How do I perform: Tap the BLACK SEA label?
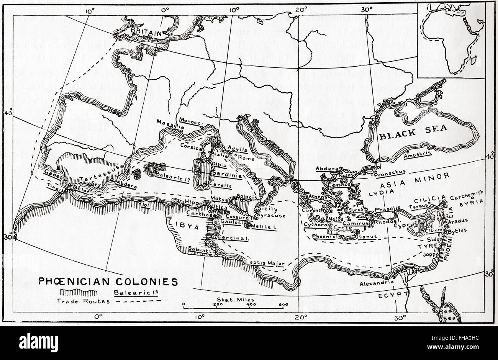pos(412,132)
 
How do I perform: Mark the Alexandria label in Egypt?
pos(378,282)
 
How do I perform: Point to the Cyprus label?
pos(402,225)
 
